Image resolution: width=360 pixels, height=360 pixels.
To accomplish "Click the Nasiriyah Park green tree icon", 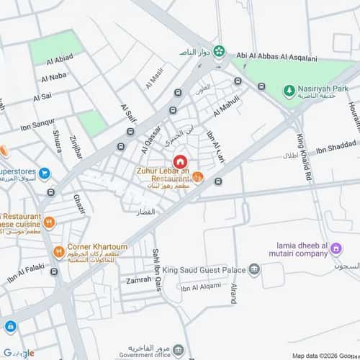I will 289,91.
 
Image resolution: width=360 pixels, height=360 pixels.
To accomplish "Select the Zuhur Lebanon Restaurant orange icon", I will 198,178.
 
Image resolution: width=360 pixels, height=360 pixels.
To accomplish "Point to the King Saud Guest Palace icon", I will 254,270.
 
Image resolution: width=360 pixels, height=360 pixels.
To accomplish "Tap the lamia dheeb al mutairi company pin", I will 336,250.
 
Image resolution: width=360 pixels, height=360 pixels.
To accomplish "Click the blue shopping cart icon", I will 45,173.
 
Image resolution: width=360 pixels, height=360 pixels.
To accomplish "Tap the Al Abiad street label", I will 60,60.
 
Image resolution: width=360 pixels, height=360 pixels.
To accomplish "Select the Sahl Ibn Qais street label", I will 156,259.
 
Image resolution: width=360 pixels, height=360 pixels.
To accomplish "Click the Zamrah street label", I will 138,280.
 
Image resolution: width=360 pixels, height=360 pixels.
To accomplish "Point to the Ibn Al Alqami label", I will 201,288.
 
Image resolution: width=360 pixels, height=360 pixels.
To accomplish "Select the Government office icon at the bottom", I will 178,351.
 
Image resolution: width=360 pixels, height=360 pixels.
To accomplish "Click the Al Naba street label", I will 54,77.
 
